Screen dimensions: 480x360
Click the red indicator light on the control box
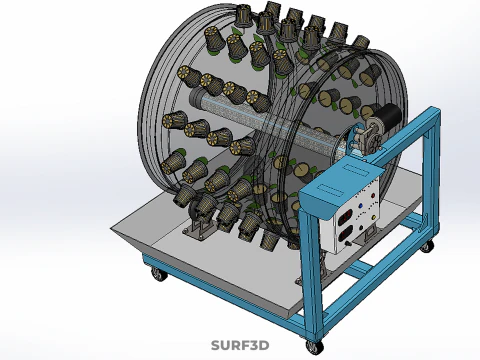[x=373, y=196]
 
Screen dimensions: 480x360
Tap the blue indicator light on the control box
[x=361, y=206]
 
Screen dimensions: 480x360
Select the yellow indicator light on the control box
[x=374, y=218]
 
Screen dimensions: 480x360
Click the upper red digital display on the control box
[x=345, y=217]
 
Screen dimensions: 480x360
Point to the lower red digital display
[x=345, y=234]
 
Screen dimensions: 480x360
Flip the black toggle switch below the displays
[x=348, y=244]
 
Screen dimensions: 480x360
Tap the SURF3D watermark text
[x=240, y=345]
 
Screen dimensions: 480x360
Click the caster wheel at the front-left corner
[x=159, y=275]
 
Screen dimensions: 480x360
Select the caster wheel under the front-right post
[x=314, y=347]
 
